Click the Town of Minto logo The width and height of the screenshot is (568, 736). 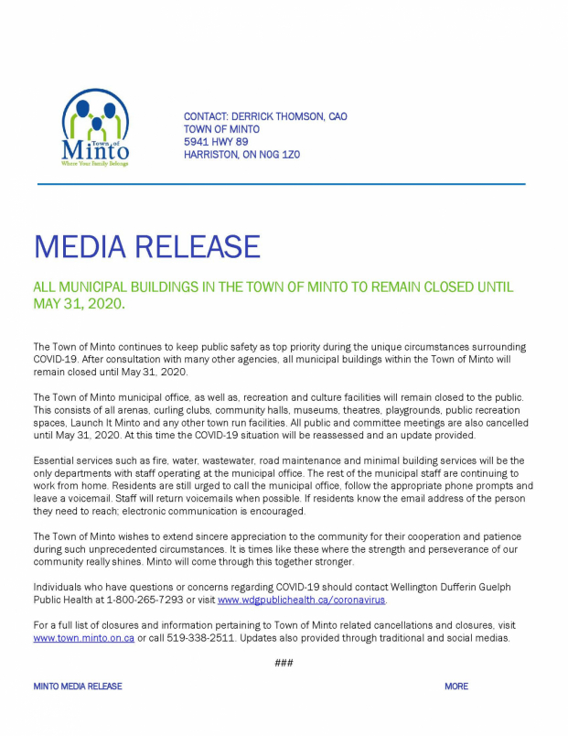(95, 127)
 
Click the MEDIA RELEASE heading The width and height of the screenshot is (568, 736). (147, 246)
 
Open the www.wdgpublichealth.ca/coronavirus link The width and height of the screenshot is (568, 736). (302, 601)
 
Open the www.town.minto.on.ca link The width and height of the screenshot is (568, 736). (84, 638)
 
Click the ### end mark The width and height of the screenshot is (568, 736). (284, 663)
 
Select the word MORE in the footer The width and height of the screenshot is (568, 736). (456, 687)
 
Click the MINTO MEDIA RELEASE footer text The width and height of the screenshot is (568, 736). (78, 687)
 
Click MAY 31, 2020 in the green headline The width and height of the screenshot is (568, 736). (79, 303)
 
